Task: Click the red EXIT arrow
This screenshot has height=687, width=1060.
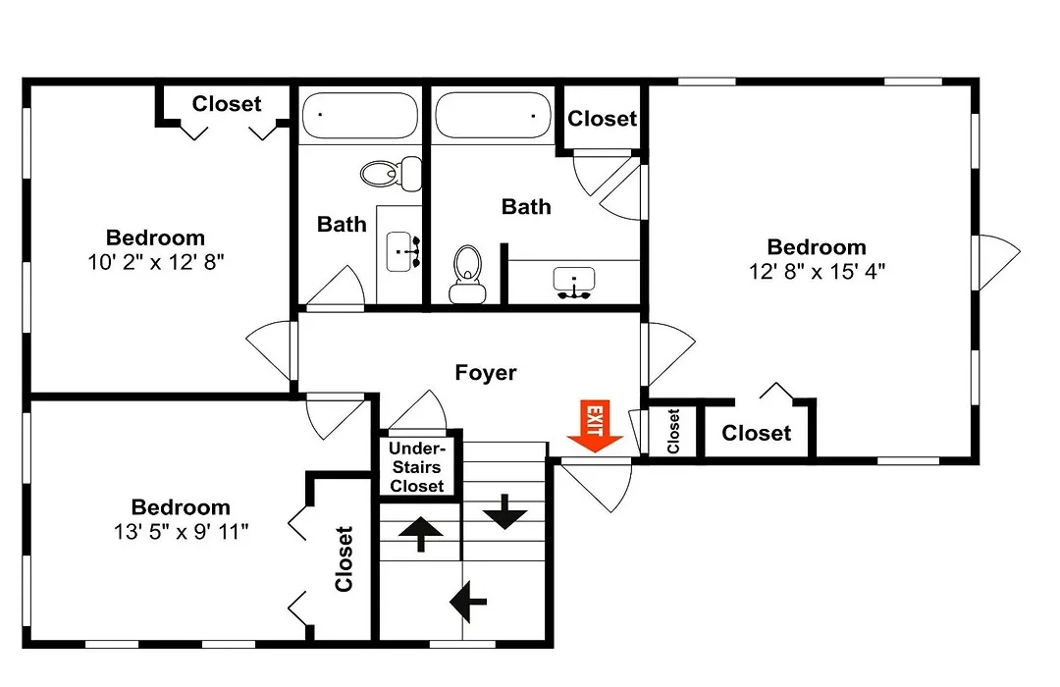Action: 595,426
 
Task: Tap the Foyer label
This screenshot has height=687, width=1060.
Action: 486,373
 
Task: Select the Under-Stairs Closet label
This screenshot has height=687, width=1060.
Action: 416,467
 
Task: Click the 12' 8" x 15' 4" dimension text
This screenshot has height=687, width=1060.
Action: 817,272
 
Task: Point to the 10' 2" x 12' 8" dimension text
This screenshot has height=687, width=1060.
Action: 155,262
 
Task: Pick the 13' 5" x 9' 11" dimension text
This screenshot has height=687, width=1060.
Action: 182,532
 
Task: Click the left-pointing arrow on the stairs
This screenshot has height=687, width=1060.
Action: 468,601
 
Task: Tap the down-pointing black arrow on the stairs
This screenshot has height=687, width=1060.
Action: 504,512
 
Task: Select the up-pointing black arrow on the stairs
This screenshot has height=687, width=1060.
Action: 420,534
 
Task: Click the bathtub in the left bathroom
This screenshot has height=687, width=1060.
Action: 359,115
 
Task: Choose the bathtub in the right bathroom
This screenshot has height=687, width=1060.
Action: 493,115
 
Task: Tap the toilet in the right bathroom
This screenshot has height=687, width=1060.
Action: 467,274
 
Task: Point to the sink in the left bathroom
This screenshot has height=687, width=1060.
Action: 403,251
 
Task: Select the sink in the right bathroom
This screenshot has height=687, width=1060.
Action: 574,283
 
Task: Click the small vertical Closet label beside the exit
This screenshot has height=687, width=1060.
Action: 673,431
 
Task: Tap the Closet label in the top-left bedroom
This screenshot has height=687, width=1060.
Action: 227,104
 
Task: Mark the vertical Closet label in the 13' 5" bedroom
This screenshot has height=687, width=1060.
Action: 344,559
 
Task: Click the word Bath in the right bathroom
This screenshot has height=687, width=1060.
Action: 526,207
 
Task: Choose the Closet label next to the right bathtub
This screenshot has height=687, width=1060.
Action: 603,119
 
